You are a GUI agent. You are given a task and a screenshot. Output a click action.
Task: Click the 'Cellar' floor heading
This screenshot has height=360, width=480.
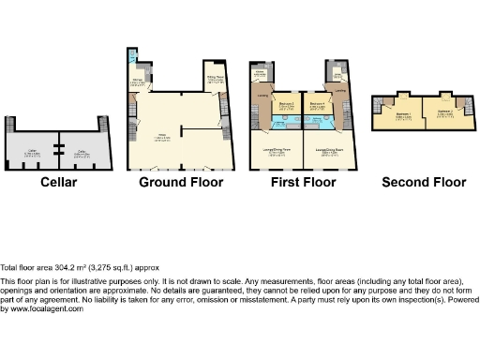58,182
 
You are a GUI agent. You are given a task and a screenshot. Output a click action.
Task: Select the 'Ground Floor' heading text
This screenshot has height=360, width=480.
181,182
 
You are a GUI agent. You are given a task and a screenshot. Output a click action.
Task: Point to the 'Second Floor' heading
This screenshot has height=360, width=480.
424,182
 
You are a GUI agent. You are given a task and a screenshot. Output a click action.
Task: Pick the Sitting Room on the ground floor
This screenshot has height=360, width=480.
215,81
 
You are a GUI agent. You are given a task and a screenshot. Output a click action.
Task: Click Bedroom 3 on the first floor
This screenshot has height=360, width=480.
287,105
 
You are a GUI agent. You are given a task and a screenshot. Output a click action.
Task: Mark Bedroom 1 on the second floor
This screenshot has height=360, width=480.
401,114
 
